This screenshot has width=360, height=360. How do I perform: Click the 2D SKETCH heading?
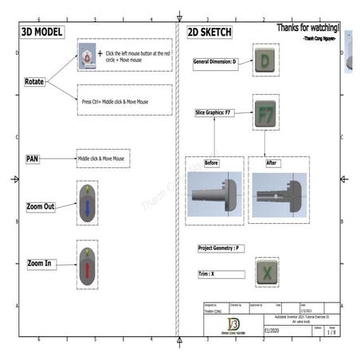coord(209,33)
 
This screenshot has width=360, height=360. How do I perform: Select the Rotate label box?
coord(34,81)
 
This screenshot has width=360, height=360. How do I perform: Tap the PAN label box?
coord(32,159)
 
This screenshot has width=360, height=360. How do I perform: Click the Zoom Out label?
coord(41,206)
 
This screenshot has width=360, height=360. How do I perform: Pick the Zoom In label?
coord(41,263)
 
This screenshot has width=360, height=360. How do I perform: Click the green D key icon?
coord(266,61)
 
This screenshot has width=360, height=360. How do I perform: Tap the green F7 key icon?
coord(266,113)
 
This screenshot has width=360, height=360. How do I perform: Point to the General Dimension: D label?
coord(216,61)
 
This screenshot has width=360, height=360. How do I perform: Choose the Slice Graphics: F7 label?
coord(218,113)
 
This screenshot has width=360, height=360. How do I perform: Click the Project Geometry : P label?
coord(219,248)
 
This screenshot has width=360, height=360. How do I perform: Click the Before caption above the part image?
coord(211,162)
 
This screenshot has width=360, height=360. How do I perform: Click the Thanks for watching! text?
coord(307,28)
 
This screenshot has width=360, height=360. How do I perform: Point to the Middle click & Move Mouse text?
coord(101,159)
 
